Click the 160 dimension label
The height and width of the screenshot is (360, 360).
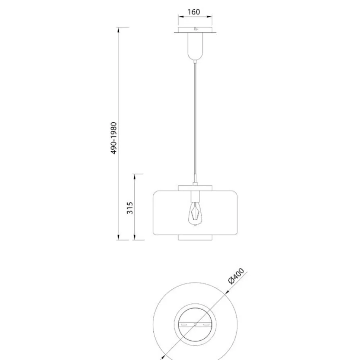pyautogui.click(x=194, y=12)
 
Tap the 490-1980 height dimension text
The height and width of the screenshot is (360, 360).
pyautogui.click(x=114, y=138)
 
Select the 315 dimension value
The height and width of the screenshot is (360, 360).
pyautogui.click(x=130, y=208)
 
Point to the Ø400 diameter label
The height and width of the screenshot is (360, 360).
pyautogui.click(x=236, y=276)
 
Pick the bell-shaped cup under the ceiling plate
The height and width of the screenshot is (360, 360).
pyautogui.click(x=195, y=46)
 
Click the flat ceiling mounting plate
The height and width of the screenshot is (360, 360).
pyautogui.click(x=195, y=30)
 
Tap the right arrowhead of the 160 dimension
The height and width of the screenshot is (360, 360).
pyautogui.click(x=209, y=17)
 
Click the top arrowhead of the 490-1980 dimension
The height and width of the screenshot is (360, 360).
pyautogui.click(x=118, y=30)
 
